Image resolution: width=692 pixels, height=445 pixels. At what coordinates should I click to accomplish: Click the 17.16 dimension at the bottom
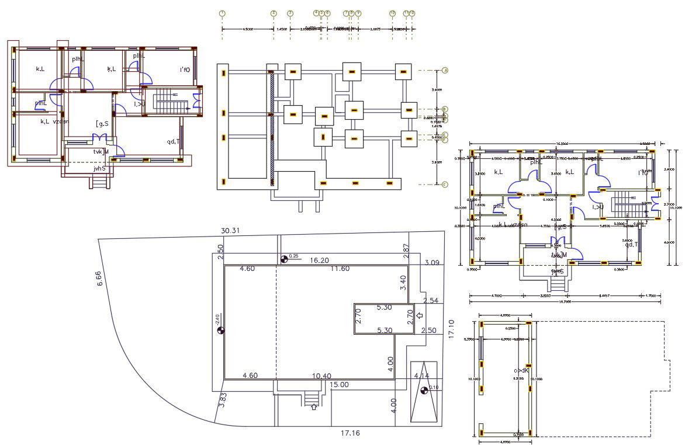tap(351, 433)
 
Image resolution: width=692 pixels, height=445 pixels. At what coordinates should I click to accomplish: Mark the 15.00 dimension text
tap(339, 384)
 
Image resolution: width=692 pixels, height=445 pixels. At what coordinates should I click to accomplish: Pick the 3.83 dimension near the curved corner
tap(223, 399)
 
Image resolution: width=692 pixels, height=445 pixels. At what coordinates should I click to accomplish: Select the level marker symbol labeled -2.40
tap(221, 331)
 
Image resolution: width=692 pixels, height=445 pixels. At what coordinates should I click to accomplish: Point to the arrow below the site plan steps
tap(314, 407)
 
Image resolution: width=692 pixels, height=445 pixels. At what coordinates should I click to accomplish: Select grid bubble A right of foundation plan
tap(445, 71)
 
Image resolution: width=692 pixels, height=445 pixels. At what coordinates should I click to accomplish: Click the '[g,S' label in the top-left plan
tap(102, 123)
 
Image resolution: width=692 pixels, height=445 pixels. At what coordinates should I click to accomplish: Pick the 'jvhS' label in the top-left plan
tap(99, 168)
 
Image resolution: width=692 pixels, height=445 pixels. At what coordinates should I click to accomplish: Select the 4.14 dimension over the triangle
tap(421, 375)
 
